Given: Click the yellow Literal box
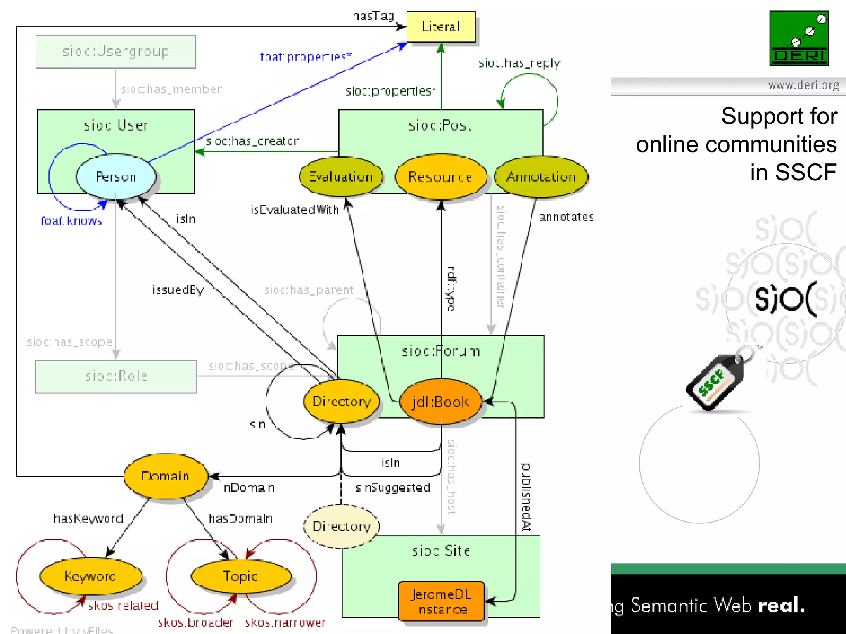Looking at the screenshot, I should point(441,27).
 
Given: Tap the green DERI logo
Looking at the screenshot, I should point(799,38).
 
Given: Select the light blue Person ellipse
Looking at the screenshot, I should point(116,177).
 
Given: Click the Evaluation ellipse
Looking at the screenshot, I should point(341,177).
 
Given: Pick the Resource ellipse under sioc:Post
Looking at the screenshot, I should point(440,177).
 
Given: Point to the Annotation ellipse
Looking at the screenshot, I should point(541,177).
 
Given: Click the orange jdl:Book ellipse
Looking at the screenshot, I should point(441,401).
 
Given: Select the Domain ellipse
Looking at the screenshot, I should point(165,476).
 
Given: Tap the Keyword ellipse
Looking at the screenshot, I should point(90,576).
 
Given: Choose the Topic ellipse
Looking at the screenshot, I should point(241,576).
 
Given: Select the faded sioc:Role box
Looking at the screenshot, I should point(116,376).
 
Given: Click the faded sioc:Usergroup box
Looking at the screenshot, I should point(116,52).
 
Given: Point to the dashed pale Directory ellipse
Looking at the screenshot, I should point(341,526).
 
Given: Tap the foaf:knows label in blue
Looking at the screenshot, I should point(71,221).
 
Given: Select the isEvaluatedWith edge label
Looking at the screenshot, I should point(295,210).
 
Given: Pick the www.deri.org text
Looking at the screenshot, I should point(803,85).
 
